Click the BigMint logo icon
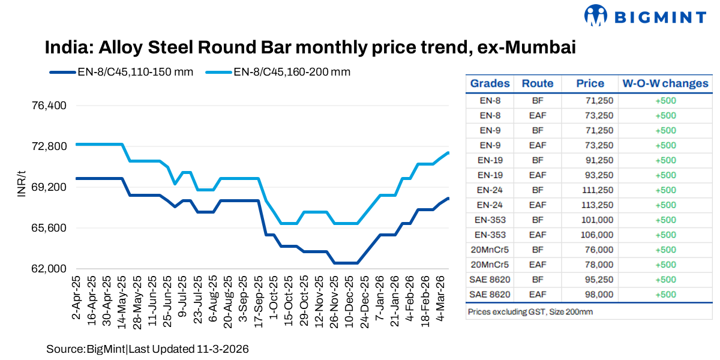click(596, 16)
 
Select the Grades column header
click(490, 83)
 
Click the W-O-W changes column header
click(665, 83)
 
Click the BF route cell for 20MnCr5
click(537, 250)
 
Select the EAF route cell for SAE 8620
click(537, 295)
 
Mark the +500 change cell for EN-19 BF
click(665, 160)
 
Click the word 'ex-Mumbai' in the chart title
click(526, 47)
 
